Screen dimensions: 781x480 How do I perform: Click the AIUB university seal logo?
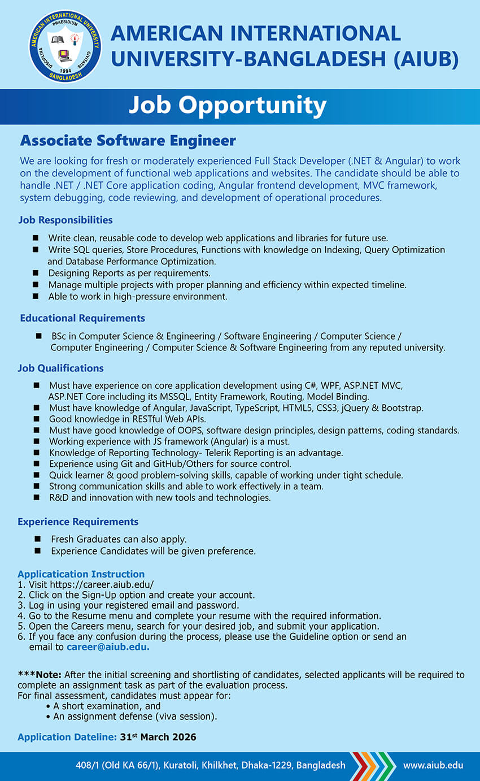point(65,46)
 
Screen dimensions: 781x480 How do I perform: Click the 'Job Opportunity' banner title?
point(228,106)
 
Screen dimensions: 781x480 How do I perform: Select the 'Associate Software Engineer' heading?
point(128,140)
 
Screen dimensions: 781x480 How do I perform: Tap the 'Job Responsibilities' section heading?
point(65,219)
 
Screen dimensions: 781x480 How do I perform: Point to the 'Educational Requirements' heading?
point(82,318)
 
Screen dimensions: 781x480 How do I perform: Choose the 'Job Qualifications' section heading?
point(60,368)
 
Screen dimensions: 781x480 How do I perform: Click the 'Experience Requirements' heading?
point(78,521)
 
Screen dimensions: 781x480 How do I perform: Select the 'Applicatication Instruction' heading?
point(81,574)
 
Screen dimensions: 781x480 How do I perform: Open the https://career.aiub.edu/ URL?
point(102,584)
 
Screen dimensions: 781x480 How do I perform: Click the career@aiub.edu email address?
point(108,647)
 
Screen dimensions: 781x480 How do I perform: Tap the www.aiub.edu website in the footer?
point(433,765)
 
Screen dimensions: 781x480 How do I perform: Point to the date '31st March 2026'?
point(158,737)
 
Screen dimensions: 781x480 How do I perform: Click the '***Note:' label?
point(40,675)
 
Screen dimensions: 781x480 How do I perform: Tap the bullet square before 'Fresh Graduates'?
point(38,539)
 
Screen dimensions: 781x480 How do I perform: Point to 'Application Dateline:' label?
point(67,737)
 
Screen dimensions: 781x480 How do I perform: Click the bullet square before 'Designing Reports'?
point(36,273)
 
